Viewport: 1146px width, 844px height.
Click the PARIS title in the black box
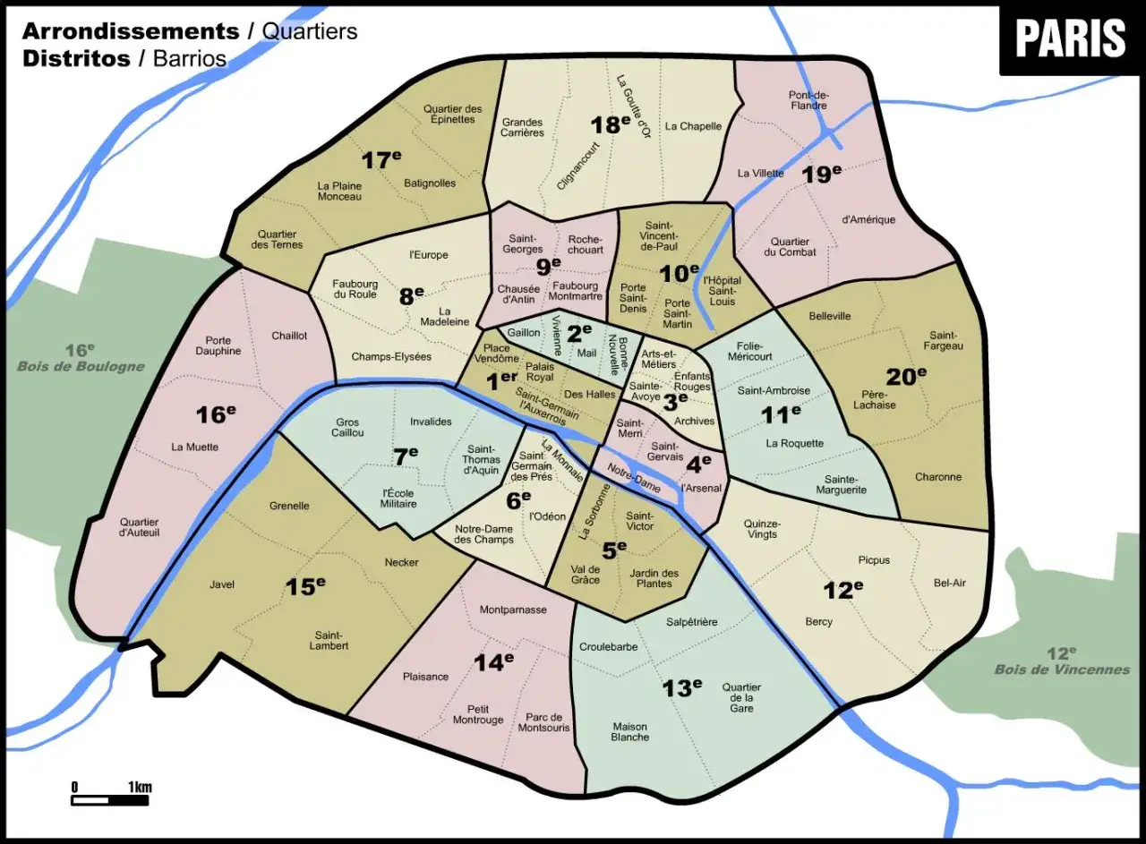coord(1070,38)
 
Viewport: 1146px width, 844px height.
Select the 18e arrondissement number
coord(611,124)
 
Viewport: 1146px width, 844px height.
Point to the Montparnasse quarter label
coord(513,610)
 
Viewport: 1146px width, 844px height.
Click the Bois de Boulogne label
coord(81,366)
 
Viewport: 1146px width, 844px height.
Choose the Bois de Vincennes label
coord(1062,669)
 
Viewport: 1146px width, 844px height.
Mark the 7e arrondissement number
coord(406,456)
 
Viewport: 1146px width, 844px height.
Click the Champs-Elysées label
coord(391,357)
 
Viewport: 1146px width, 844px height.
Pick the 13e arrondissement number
coord(682,687)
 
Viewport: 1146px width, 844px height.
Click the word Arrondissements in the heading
coord(130,31)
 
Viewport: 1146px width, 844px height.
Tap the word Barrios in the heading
coord(190,60)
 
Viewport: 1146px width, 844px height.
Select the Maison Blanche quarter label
coord(630,732)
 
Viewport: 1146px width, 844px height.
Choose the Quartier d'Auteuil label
coord(139,528)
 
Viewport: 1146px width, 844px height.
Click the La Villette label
coord(761,174)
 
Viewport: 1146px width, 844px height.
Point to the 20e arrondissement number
coord(906,377)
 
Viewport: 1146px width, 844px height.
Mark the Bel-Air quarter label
coord(949,584)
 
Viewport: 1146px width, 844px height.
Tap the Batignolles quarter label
coord(430,183)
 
